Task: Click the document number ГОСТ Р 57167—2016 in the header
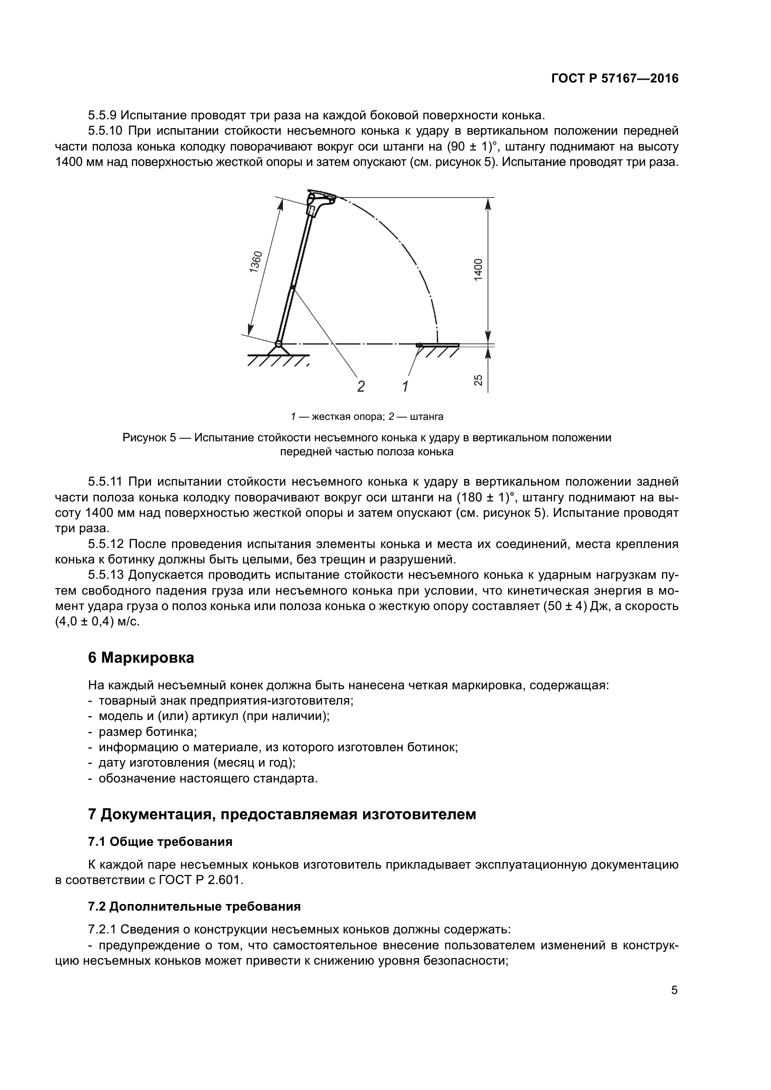click(615, 79)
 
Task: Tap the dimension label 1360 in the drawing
click(255, 261)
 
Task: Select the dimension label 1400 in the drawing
click(478, 269)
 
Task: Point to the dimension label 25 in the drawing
click(479, 380)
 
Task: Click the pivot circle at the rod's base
click(278, 344)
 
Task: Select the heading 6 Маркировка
click(141, 658)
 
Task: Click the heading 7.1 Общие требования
click(160, 842)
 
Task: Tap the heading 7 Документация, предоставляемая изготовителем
click(282, 815)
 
